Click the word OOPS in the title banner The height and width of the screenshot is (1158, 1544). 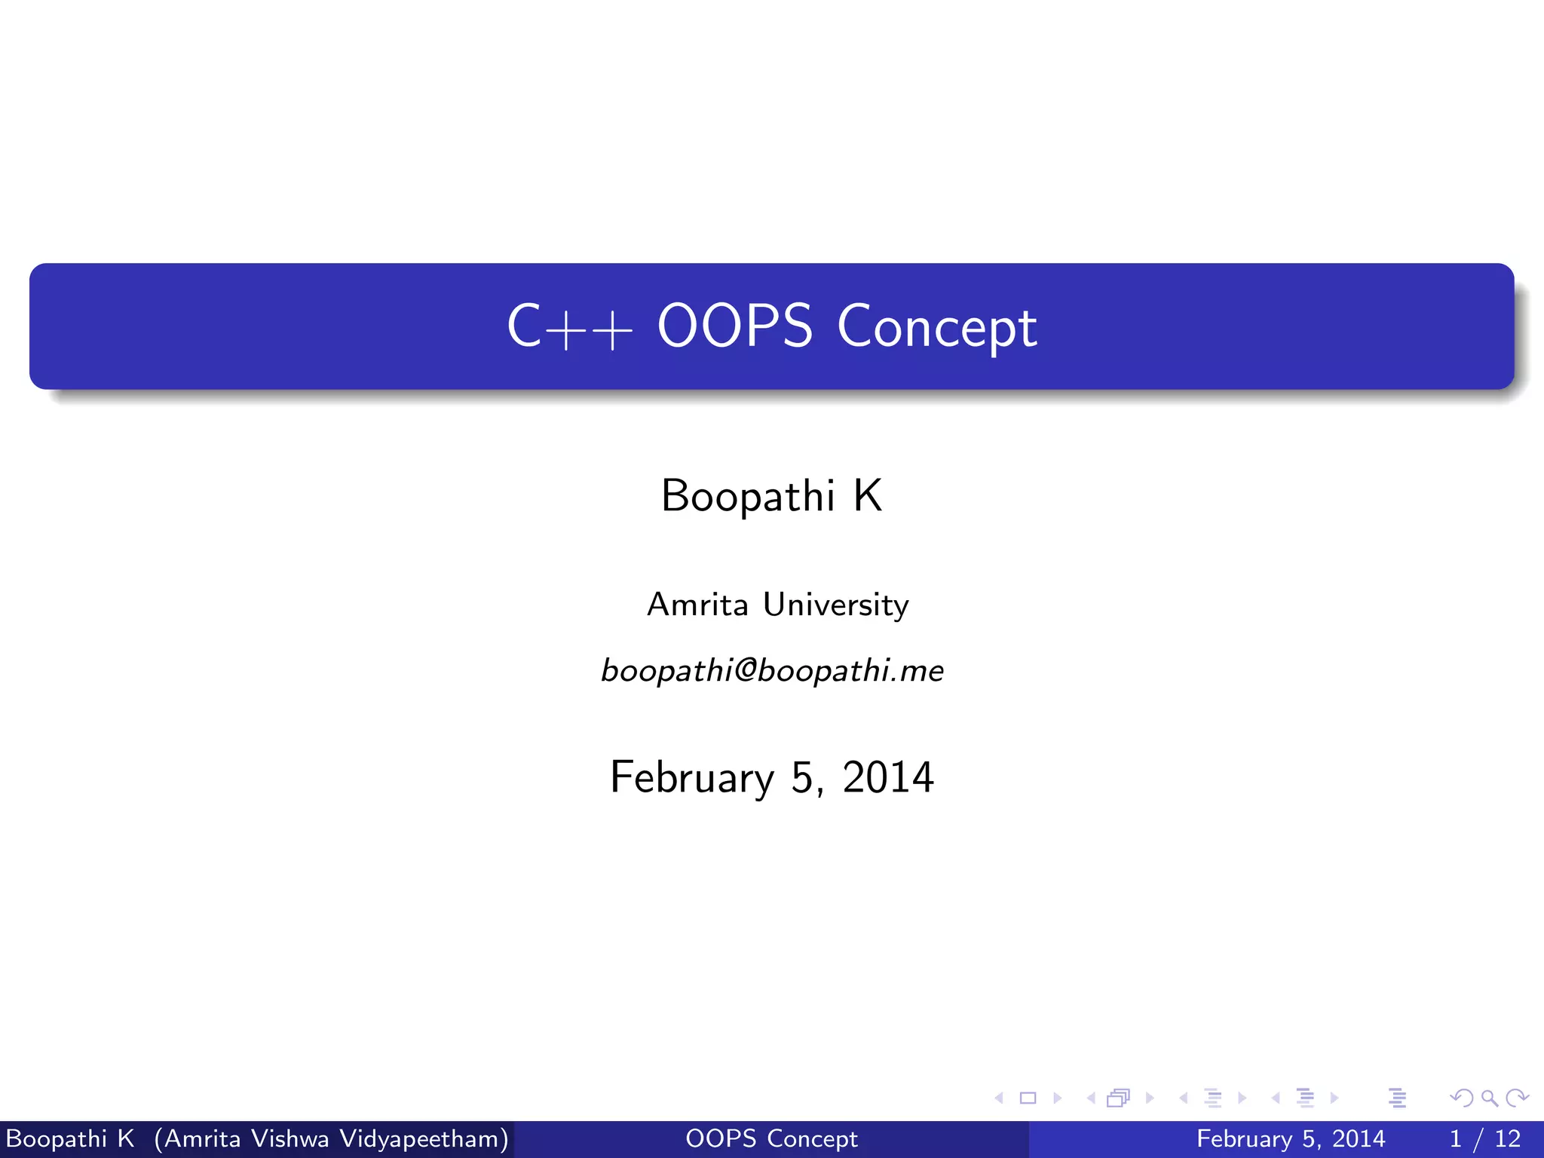pyautogui.click(x=734, y=326)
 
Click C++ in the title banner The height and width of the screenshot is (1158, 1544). pyautogui.click(x=569, y=327)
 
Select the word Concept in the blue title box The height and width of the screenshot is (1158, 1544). pyautogui.click(x=936, y=327)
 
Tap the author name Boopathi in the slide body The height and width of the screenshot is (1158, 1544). pyautogui.click(x=747, y=496)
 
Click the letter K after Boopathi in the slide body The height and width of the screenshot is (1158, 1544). pyautogui.click(x=867, y=496)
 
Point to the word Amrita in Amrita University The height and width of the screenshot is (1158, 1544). pyautogui.click(x=697, y=605)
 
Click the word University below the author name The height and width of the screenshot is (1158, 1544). pyautogui.click(x=835, y=605)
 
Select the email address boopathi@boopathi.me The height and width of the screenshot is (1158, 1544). pyautogui.click(x=772, y=670)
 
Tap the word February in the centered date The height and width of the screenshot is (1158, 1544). pyautogui.click(x=692, y=777)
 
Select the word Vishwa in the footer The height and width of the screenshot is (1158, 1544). pyautogui.click(x=289, y=1138)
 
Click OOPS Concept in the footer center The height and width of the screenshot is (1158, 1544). pyautogui.click(x=771, y=1138)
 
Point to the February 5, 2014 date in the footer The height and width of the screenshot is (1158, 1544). pyautogui.click(x=1290, y=1138)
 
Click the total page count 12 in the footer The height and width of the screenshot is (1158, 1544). pyautogui.click(x=1508, y=1138)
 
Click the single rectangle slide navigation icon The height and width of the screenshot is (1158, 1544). pyautogui.click(x=1028, y=1098)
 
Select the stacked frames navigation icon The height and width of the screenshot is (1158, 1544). pyautogui.click(x=1119, y=1098)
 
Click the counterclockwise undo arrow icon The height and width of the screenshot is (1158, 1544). pyautogui.click(x=1461, y=1098)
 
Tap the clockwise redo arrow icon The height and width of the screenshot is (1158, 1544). pyautogui.click(x=1517, y=1098)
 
